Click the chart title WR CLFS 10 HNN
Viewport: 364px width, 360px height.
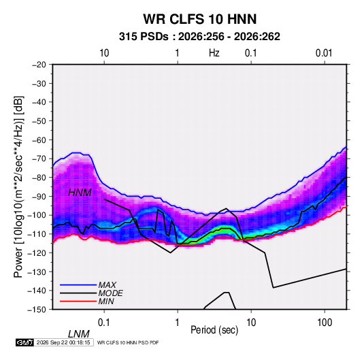point(200,19)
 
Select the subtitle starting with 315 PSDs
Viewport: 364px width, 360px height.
point(199,37)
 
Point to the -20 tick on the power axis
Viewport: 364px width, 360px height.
point(39,65)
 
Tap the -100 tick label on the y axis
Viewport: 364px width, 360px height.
point(37,215)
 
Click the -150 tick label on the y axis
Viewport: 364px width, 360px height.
point(37,310)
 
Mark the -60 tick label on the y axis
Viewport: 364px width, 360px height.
point(39,140)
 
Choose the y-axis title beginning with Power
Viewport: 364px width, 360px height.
point(18,187)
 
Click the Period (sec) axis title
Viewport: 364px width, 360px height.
point(214,330)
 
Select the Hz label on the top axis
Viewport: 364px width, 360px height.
point(214,53)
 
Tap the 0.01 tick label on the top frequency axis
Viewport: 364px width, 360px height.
point(324,53)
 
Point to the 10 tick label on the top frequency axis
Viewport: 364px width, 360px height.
point(104,53)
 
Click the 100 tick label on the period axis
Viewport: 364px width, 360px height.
point(325,322)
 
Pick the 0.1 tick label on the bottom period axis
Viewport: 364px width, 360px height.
point(104,322)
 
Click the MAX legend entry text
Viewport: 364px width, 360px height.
point(107,285)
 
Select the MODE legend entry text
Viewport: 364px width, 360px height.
point(110,293)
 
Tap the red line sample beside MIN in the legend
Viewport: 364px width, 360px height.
point(78,301)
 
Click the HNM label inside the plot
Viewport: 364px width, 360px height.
point(80,193)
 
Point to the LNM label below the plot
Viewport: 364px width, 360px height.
point(79,334)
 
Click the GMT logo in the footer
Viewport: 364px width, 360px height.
point(25,342)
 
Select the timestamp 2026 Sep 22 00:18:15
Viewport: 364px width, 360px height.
point(63,342)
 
